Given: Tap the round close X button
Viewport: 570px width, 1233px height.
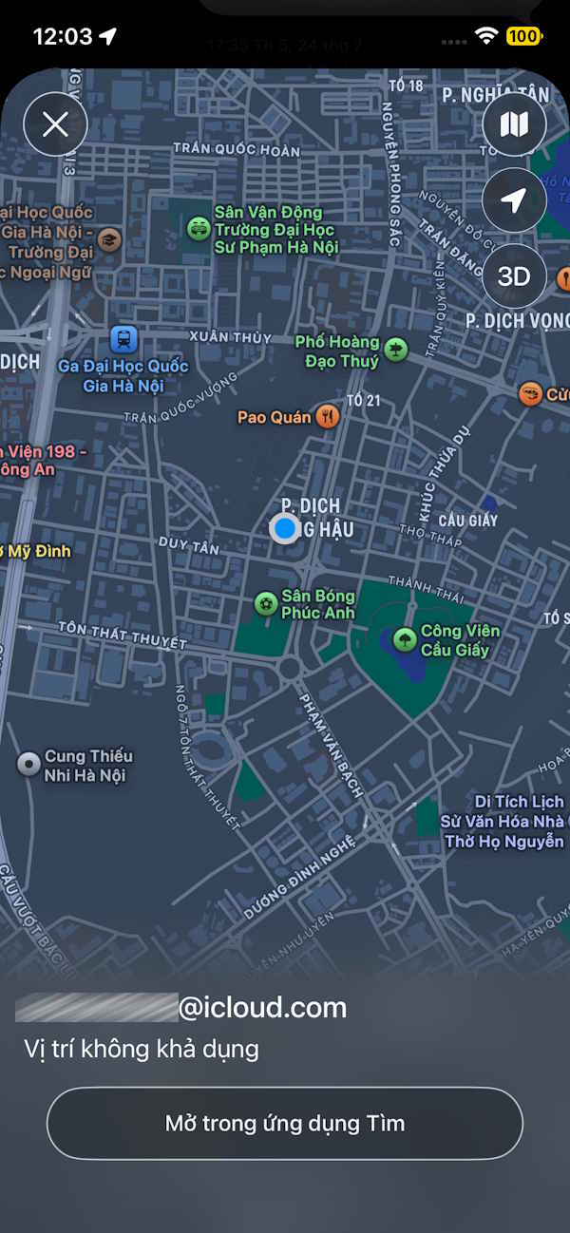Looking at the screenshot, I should coord(55,124).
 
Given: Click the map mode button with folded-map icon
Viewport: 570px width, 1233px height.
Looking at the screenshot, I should coord(514,124).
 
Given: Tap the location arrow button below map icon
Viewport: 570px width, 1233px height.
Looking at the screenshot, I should coord(514,200).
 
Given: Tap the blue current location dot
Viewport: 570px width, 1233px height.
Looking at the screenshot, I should coord(284,528).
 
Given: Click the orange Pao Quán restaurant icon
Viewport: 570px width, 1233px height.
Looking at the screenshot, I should coord(327,416).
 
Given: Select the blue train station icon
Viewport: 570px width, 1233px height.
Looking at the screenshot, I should coord(123,339).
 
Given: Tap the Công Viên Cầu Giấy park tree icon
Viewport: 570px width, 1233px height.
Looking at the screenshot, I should coord(405,639).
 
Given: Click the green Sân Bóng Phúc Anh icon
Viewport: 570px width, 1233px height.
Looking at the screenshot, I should coord(266,603).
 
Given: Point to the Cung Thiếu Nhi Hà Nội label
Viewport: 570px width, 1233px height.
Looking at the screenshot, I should coord(88,766).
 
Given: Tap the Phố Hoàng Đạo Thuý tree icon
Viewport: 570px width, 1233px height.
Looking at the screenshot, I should coord(395,350).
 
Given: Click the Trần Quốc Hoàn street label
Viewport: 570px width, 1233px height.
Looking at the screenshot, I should coord(236,149).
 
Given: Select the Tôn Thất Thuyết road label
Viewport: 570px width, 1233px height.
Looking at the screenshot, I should coord(122,635).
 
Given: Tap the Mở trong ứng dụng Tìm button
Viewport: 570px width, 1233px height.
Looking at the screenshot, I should coord(285,1124).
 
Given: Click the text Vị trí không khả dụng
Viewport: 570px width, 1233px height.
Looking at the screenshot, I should coord(142,1050).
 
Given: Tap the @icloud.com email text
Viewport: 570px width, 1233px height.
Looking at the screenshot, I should coord(262,1008).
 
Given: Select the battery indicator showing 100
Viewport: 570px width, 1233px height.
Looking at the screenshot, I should coord(523,37).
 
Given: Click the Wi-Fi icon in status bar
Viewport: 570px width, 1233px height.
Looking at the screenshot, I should coord(486,36).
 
